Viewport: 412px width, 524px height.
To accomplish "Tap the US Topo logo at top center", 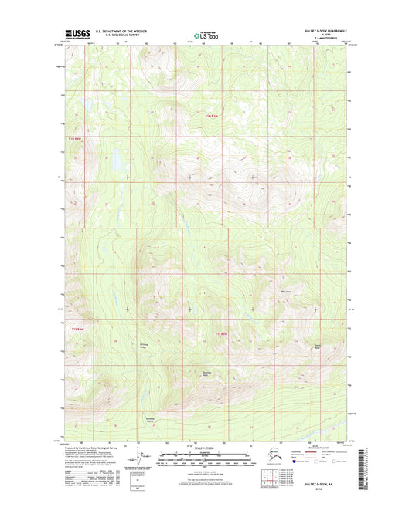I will pyautogui.click(x=206, y=34).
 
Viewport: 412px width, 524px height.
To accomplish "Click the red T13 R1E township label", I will pyautogui.click(x=220, y=333).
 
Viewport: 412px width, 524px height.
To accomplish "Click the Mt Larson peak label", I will pyautogui.click(x=285, y=291).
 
